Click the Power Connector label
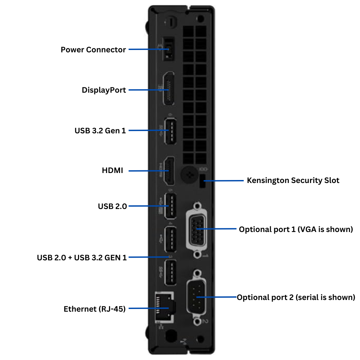pos(93,50)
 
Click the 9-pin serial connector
pos(197,297)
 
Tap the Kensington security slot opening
pos(201,183)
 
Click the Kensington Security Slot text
pos(293,181)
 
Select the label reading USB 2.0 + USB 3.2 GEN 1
pos(82,258)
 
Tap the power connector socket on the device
pos(168,50)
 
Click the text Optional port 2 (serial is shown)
pos(296,297)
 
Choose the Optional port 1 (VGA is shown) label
pos(296,230)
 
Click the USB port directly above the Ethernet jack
pos(170,272)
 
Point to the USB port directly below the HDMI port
pos(170,206)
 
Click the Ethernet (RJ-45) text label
pos(95,309)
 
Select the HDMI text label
pos(112,171)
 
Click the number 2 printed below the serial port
pos(205,321)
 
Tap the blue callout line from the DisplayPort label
pos(143,90)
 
